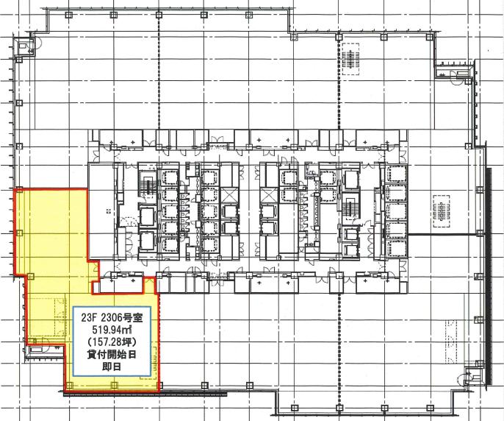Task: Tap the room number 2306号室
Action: tap(122, 318)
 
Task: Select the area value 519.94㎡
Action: tap(112, 330)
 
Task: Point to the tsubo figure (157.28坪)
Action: tap(112, 342)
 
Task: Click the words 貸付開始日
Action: tap(112, 355)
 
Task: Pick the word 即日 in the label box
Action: tap(112, 367)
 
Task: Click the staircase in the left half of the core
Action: tap(148, 187)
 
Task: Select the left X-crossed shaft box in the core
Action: tap(230, 195)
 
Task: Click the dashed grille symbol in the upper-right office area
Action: tap(350, 59)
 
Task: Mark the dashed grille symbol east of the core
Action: tap(442, 212)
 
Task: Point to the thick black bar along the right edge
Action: tap(489, 276)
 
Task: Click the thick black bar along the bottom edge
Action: tap(145, 393)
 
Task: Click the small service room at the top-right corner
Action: tap(453, 71)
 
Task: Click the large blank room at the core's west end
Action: tap(102, 211)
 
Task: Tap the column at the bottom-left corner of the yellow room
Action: tap(69, 385)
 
